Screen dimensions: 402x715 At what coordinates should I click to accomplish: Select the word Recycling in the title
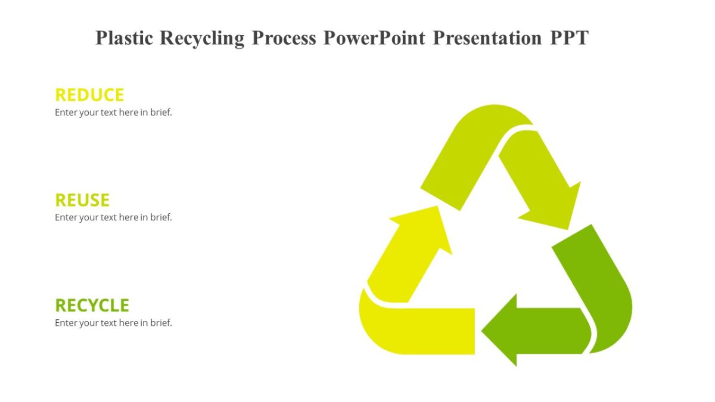click(202, 38)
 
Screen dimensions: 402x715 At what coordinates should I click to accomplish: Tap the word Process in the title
click(284, 38)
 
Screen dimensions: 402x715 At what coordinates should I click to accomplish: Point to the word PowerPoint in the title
click(374, 38)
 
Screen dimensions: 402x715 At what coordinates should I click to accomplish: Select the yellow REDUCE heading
click(89, 95)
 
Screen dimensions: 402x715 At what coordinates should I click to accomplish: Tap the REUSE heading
click(82, 200)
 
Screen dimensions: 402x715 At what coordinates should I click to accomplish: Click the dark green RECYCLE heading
click(92, 306)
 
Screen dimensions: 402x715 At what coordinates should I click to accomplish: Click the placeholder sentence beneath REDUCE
click(113, 113)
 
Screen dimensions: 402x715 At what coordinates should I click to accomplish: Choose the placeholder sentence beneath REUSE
click(113, 217)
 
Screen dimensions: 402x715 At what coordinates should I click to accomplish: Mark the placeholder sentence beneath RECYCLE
click(113, 323)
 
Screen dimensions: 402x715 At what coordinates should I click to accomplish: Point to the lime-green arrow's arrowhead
click(554, 208)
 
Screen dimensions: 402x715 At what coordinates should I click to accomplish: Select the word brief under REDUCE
click(161, 113)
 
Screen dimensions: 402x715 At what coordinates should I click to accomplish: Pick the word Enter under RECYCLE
click(66, 323)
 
